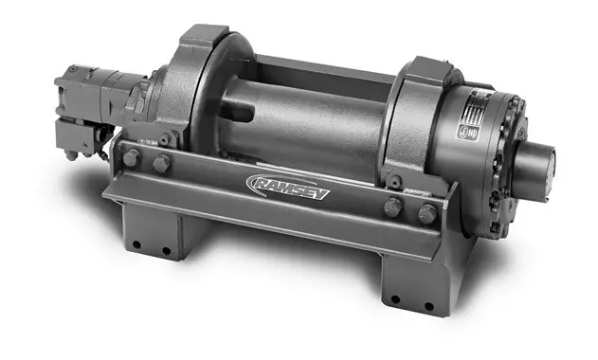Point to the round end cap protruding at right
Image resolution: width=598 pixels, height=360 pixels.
tap(545, 155)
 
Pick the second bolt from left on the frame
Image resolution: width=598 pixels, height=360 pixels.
tap(161, 164)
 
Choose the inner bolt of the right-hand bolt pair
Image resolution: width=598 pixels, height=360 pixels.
tap(391, 207)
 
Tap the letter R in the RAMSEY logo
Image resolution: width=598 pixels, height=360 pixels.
tap(258, 180)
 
